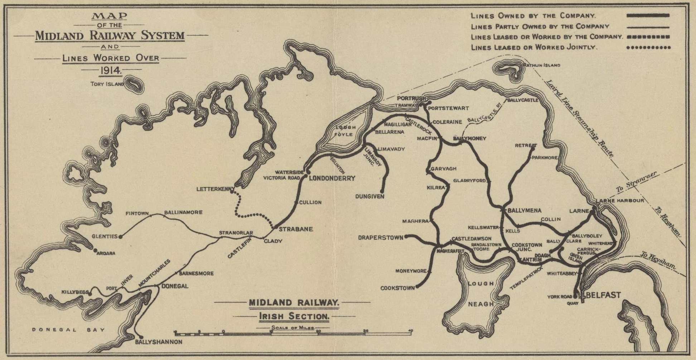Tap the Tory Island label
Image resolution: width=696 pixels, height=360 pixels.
point(107,84)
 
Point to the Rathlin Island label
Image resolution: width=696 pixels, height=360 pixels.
point(541,65)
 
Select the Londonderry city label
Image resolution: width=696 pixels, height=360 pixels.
point(332,178)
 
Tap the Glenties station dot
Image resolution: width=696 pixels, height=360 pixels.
point(121,237)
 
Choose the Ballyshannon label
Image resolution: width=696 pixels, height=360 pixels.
point(159,342)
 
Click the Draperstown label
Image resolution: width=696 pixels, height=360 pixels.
point(381,237)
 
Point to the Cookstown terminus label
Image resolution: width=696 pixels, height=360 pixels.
point(397,288)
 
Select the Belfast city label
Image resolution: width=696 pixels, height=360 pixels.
point(603,295)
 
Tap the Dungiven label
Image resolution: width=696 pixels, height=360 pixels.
point(369,196)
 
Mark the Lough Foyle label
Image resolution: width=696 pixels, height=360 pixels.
point(345,131)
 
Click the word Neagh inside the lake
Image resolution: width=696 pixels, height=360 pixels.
point(481,304)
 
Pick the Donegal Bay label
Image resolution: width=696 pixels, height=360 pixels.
point(68,330)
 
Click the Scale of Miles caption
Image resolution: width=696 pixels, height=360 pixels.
point(293,327)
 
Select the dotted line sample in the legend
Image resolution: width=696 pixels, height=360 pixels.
point(648,47)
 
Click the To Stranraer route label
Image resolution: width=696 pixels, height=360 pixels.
point(636,182)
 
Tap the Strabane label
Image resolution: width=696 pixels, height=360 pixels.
point(296,229)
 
